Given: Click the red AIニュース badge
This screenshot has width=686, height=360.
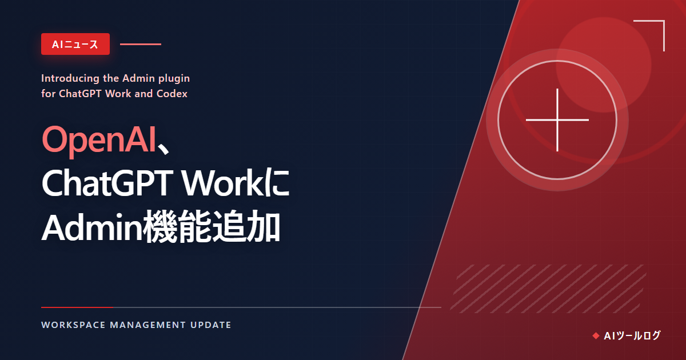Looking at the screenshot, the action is point(75,44).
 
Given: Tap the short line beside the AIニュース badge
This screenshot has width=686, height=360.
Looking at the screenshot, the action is point(141,45).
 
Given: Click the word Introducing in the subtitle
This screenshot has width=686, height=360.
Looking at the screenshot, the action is point(70,79).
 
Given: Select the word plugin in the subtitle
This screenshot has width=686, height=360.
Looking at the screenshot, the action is point(174,79).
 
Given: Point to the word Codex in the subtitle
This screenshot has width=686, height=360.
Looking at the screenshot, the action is point(172,94).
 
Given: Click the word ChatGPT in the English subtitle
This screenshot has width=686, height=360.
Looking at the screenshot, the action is point(80,94).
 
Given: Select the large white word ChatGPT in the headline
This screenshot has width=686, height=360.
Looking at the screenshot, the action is point(107,183).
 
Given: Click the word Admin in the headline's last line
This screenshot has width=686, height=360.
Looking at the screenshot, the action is point(93,227).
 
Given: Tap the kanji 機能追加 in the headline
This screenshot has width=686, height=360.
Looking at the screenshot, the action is point(212,227).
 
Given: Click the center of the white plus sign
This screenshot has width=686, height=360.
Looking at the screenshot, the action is point(557,119).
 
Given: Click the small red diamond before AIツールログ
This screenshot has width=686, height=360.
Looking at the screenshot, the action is point(596,336).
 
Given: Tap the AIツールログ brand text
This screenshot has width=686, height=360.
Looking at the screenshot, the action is point(632,336).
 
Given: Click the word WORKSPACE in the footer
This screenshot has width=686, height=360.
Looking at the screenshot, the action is point(74,325).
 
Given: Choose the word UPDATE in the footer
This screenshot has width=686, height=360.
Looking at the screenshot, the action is point(211,325).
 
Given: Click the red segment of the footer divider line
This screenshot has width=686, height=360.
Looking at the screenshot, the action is point(77,307).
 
